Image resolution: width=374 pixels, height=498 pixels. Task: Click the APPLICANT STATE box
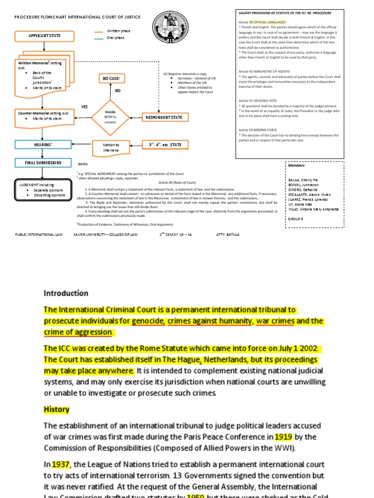(x=44, y=36)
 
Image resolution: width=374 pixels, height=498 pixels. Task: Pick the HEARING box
(x=44, y=144)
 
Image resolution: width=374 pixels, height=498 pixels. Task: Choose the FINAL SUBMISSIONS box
(x=44, y=162)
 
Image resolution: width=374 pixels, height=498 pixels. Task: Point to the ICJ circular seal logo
(x=165, y=27)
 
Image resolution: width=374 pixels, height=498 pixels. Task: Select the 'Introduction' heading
(x=66, y=293)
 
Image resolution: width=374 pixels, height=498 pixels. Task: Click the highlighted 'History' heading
(x=56, y=409)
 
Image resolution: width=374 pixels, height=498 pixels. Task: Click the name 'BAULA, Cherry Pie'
(x=303, y=180)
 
